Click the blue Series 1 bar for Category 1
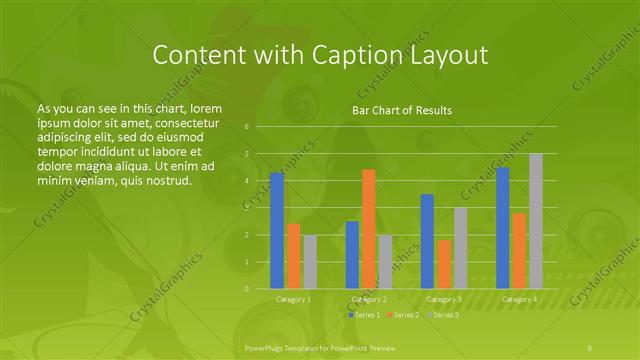277,231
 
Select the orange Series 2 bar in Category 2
368,229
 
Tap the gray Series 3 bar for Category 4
536,221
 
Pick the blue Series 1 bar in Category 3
427,241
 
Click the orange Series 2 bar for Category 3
444,264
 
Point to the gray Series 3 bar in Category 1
310,262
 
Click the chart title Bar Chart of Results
402,110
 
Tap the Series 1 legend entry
364,315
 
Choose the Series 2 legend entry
403,315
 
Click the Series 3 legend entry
442,315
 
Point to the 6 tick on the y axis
247,127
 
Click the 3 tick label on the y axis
247,208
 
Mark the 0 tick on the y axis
247,289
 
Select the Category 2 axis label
368,299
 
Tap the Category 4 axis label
519,299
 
